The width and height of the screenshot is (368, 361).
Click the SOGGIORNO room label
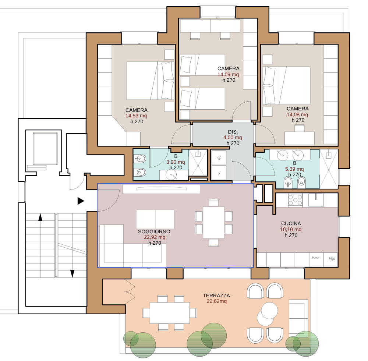coord(154,231)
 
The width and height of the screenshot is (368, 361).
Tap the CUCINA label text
coord(291,223)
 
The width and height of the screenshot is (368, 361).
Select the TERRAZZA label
coord(216,295)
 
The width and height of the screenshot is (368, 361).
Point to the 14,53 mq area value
coord(136,116)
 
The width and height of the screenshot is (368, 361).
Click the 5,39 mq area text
coord(294,169)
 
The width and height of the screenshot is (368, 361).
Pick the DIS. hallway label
coord(233,132)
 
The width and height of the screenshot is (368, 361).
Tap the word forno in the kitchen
coord(315,258)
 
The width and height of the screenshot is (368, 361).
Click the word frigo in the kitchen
coord(332,259)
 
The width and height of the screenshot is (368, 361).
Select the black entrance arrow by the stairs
coord(81,201)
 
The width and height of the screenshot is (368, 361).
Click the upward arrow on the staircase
coord(40,217)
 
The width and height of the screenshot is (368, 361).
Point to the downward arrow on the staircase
coord(72,274)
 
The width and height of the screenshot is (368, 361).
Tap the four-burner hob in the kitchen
coord(295,200)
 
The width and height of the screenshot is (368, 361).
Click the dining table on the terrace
coord(170,313)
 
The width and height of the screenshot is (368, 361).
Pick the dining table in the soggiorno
coord(213,223)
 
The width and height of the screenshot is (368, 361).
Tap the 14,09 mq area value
coord(228,74)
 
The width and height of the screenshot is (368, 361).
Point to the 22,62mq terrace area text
coord(217,301)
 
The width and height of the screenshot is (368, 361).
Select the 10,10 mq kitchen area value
coord(291,229)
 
